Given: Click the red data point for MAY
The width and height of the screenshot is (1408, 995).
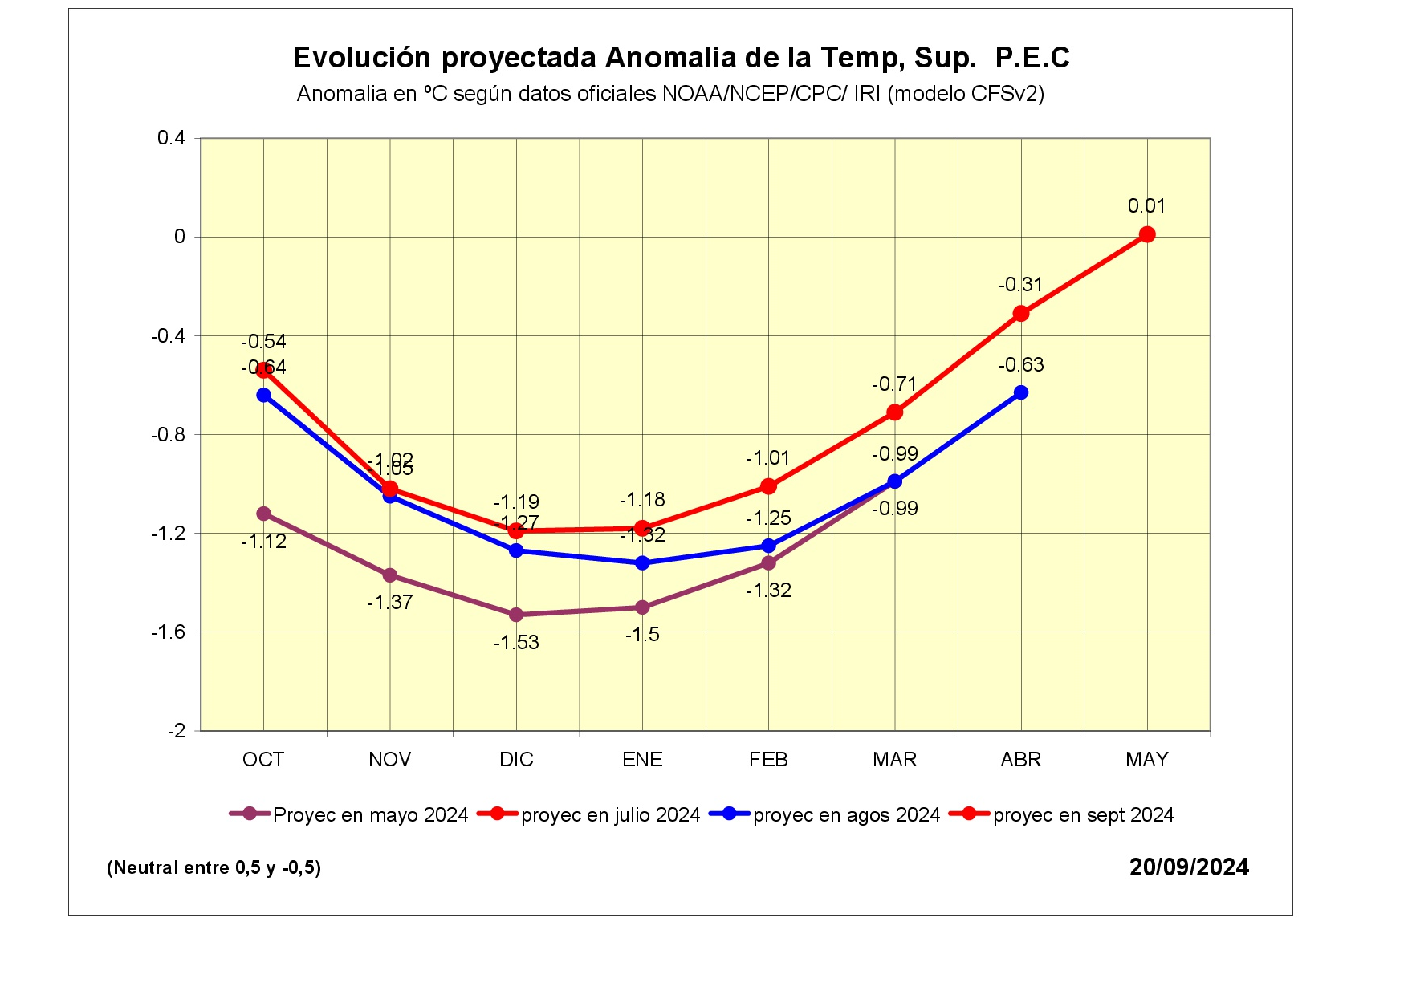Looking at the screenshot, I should tap(1147, 234).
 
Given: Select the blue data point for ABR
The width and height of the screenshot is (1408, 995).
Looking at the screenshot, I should tap(1021, 392).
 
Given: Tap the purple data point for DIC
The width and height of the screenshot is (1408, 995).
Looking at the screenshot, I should tap(516, 615).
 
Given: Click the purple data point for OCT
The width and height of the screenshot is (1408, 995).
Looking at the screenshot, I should tap(263, 514).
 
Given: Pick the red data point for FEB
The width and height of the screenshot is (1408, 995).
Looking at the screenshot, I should tap(768, 486).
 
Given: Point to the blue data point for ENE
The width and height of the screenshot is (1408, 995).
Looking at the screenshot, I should tap(642, 563).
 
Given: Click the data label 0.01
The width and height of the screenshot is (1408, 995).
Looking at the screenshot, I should tap(1146, 206).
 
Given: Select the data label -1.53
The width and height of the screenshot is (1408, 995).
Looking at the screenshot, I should tap(516, 643).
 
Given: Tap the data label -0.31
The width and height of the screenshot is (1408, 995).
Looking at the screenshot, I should tap(1020, 285).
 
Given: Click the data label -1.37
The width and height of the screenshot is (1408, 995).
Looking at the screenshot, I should tap(390, 603).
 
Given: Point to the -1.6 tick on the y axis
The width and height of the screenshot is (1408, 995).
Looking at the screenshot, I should tap(168, 632).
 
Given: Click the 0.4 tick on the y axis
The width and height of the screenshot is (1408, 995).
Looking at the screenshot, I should tap(171, 138).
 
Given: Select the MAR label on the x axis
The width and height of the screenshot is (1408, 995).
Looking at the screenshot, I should tap(894, 760).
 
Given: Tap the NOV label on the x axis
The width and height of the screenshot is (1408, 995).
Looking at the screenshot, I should tap(390, 760).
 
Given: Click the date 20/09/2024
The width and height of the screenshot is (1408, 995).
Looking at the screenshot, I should tap(1189, 867).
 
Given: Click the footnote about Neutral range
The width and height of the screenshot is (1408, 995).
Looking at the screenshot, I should tap(214, 867).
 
